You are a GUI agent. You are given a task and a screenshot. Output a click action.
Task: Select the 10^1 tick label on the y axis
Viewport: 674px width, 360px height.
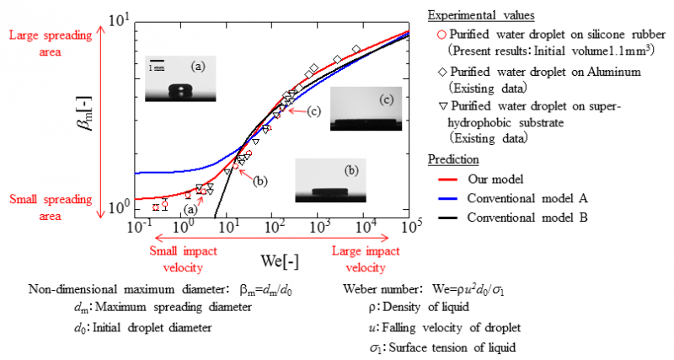coord(116,18)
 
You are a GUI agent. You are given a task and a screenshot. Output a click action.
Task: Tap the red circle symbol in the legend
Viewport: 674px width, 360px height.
coord(442,35)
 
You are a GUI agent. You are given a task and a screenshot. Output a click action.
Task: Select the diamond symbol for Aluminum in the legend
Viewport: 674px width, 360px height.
coord(442,73)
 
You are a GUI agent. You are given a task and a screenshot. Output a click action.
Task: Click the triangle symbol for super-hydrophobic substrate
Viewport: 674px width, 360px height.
coord(442,108)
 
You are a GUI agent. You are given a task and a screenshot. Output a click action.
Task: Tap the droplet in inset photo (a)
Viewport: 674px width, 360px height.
coord(179,90)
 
